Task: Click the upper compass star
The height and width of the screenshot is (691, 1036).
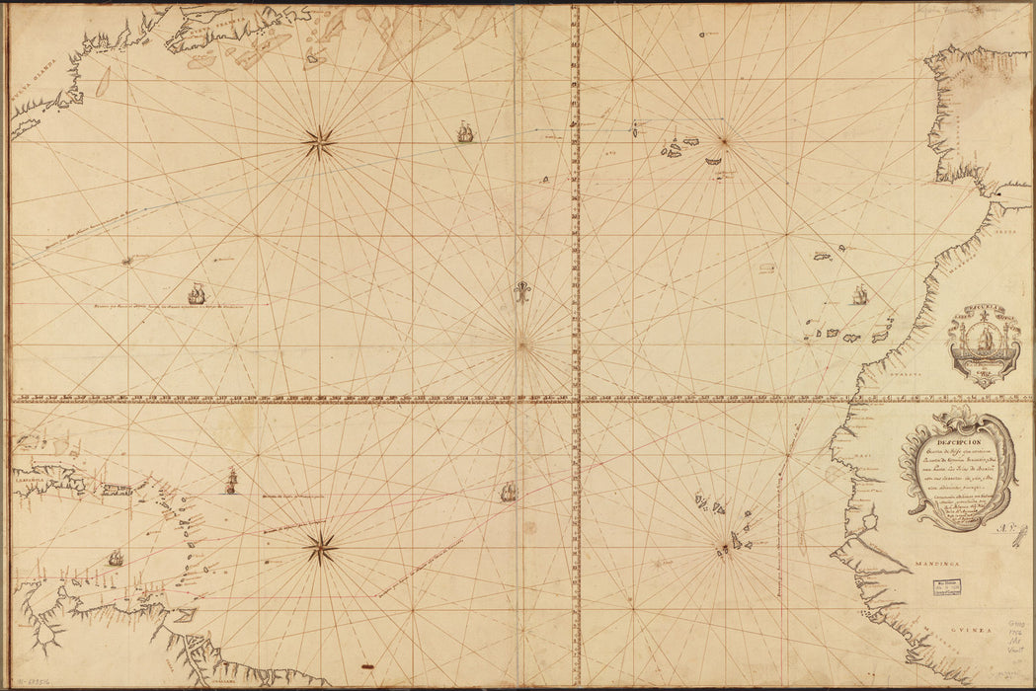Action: click(x=319, y=144)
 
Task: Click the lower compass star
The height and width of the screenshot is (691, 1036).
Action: click(x=321, y=546)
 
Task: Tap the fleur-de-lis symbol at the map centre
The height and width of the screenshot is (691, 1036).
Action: click(x=521, y=292)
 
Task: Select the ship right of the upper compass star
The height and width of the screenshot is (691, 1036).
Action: click(x=464, y=132)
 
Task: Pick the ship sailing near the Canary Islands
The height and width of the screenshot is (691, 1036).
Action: click(x=858, y=294)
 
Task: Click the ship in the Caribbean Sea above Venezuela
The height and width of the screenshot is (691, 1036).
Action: click(x=116, y=558)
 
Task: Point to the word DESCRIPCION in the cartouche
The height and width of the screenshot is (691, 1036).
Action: click(x=953, y=442)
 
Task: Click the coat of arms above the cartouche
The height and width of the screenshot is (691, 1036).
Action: click(x=984, y=341)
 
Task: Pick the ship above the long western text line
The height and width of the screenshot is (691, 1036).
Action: click(x=197, y=293)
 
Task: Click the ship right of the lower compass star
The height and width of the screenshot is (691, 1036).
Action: click(x=509, y=491)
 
